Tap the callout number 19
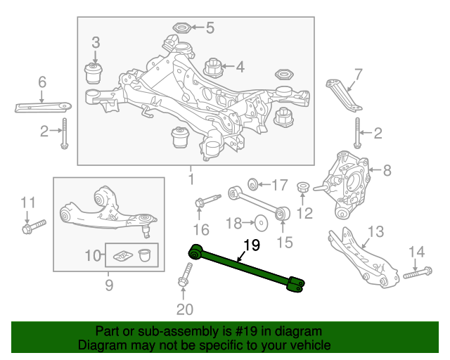tap(251, 245)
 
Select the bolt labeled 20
tap(185, 274)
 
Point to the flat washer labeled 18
tap(262, 224)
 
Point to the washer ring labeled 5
tap(179, 29)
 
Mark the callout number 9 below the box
tap(109, 285)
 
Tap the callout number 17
tap(279, 186)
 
